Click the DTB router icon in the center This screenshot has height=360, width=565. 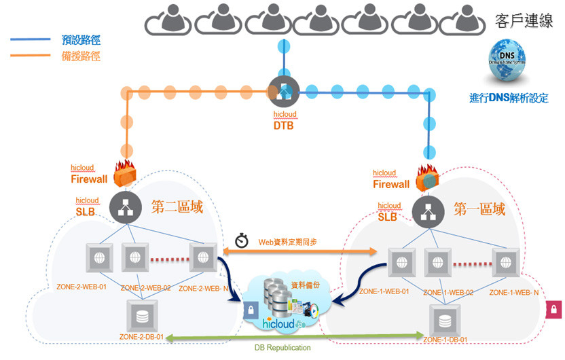(x=282, y=90)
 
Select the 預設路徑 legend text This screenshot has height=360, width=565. (x=81, y=40)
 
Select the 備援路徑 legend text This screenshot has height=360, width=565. (x=81, y=56)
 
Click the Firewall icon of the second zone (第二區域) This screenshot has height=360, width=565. (x=125, y=175)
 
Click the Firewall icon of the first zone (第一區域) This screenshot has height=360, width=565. (x=428, y=177)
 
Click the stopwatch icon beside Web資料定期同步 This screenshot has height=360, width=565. (x=242, y=241)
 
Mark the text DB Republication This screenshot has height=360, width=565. (x=284, y=348)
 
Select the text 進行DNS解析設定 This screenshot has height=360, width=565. (x=509, y=98)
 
